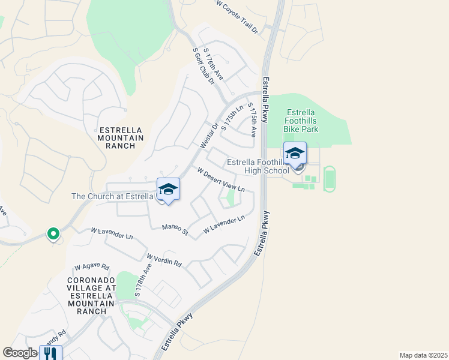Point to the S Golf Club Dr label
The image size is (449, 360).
point(203,67)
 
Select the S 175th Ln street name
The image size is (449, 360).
point(232,118)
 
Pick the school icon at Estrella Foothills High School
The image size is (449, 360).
point(295,154)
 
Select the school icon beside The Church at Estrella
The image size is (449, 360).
point(169,190)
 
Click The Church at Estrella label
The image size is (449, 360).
point(113,196)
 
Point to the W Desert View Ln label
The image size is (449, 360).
point(221,179)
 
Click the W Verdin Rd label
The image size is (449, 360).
point(164,260)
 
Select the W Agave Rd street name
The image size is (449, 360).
point(92,267)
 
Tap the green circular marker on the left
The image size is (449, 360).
point(53,233)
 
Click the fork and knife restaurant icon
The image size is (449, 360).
point(50,353)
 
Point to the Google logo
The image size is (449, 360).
point(20,353)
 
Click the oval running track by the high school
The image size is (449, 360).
point(329,179)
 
